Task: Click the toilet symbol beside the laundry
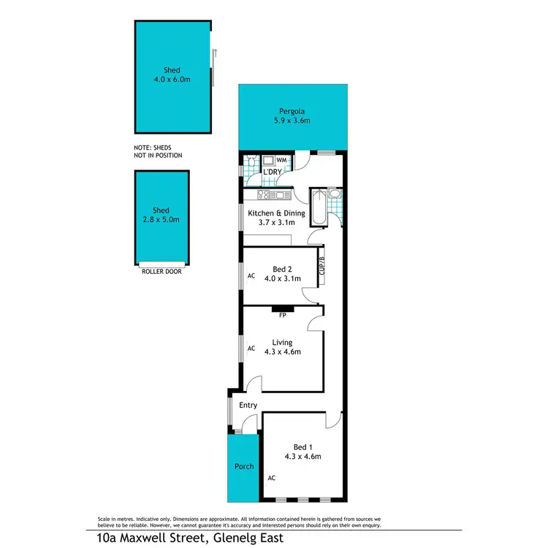tap(251, 161)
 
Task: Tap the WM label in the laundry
tap(281, 160)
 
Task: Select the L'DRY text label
tap(273, 172)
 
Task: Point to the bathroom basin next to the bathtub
tap(333, 194)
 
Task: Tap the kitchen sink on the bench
tap(281, 194)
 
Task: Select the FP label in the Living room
tap(282, 315)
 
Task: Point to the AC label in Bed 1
tap(271, 478)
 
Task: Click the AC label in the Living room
tap(251, 349)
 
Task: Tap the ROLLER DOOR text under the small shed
tap(162, 271)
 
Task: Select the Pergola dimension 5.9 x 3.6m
tap(292, 121)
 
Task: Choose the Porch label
tap(243, 466)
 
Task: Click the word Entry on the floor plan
tap(248, 405)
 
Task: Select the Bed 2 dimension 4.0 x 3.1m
tap(282, 278)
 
